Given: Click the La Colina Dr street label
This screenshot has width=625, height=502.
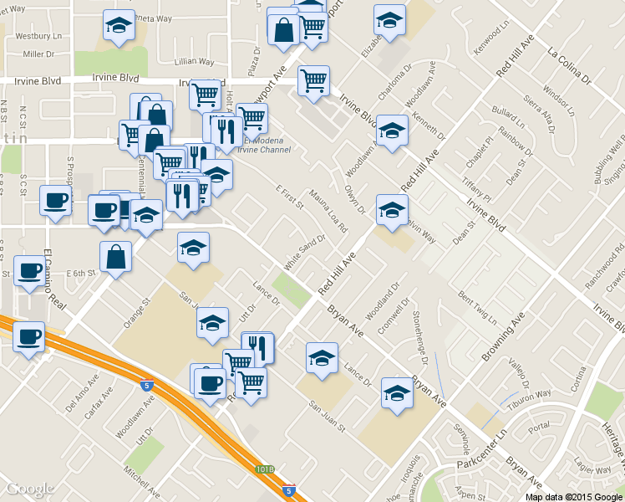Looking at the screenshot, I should click(x=569, y=66).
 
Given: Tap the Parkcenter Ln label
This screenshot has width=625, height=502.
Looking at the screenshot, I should click(x=480, y=452).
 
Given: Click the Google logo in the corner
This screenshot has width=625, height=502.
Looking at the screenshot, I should click(x=30, y=489).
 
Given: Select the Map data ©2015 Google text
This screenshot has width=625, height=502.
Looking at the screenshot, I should click(x=574, y=497).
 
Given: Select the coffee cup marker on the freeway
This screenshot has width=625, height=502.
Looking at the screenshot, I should click(x=29, y=336).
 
